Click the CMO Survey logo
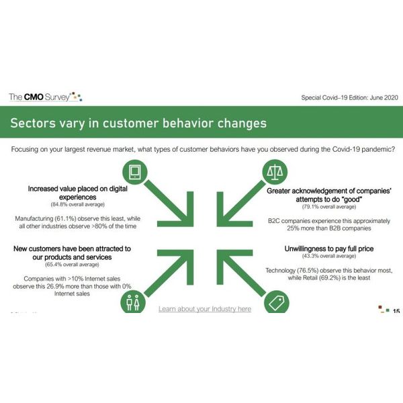(46, 97)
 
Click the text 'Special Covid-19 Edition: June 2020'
(349, 97)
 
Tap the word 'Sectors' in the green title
(33, 123)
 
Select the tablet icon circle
(135, 172)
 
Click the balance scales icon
(275, 172)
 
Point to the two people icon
(133, 302)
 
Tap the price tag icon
(277, 302)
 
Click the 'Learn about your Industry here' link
(205, 309)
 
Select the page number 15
(396, 311)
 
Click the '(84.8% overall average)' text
(78, 205)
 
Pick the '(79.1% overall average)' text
(329, 207)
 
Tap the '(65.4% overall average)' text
(72, 265)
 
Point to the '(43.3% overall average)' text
(329, 256)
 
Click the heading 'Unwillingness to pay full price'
(329, 249)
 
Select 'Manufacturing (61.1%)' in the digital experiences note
(46, 219)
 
